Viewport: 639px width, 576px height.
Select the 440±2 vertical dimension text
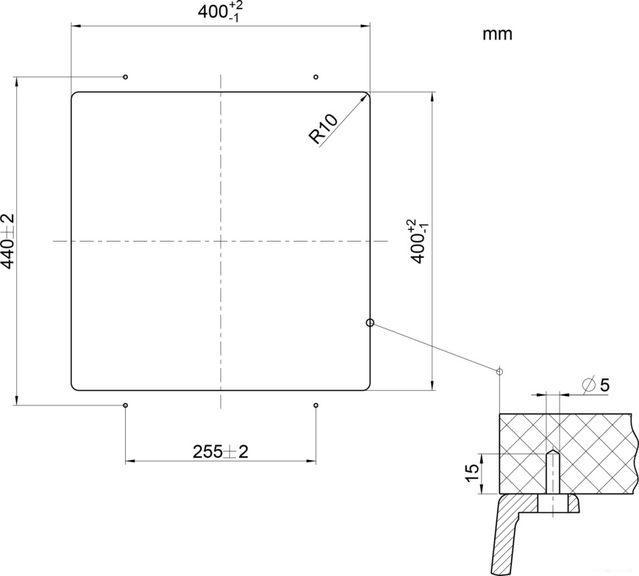9,241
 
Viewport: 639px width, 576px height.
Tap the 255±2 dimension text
220,452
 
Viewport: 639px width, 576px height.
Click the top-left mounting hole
125,77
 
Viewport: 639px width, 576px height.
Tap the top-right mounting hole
316,77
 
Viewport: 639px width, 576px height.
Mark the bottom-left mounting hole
125,405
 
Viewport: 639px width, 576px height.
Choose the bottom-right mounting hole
316,405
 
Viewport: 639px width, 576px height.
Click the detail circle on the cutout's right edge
370,323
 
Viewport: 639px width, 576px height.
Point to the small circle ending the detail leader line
499,372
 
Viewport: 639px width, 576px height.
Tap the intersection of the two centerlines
221,241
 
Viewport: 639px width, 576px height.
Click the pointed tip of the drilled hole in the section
552,452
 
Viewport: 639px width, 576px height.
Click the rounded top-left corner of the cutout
74,95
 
